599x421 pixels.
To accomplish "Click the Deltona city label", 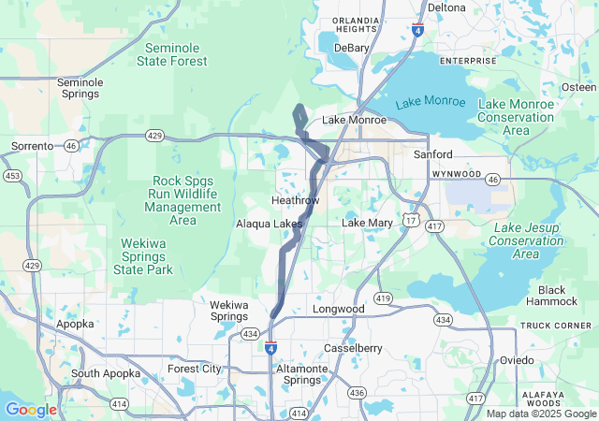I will point(446,7).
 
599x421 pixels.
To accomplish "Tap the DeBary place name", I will point(352,48).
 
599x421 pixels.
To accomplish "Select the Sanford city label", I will point(433,154).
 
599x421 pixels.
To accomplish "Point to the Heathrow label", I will point(295,201).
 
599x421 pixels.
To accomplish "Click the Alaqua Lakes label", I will point(269,225).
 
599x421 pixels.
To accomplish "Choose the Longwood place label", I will point(338,309).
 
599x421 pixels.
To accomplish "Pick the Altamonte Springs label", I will point(302,375).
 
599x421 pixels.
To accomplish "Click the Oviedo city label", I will point(516,360).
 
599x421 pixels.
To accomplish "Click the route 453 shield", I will point(12,175).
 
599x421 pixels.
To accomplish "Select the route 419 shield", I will point(383,298).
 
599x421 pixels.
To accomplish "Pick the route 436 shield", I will point(357,393).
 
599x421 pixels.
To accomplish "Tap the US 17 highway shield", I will point(411,219).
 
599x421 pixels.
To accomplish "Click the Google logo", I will point(31,410).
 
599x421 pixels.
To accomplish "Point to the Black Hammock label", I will point(551,296).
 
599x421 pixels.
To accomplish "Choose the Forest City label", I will point(195,369).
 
